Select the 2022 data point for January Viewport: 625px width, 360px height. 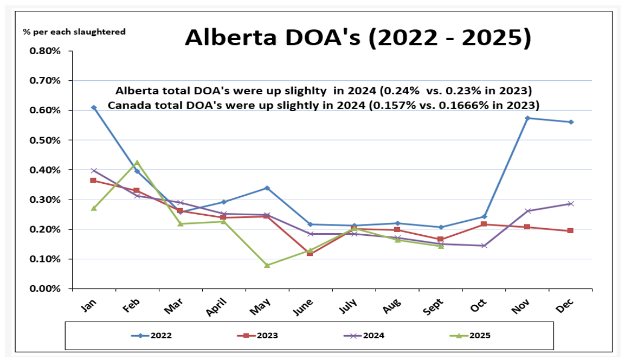[x=94, y=108]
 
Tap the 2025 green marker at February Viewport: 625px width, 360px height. [x=137, y=162]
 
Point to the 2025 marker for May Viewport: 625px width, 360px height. [x=267, y=265]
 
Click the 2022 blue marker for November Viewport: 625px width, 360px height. [x=527, y=118]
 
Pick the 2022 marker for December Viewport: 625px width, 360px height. [x=571, y=122]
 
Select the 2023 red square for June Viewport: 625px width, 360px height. [x=310, y=253]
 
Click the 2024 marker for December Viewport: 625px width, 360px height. [x=571, y=204]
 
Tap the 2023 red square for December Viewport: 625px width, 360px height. [x=571, y=230]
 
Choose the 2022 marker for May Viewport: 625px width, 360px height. [x=267, y=188]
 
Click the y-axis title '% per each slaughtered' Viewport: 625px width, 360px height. [x=74, y=31]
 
